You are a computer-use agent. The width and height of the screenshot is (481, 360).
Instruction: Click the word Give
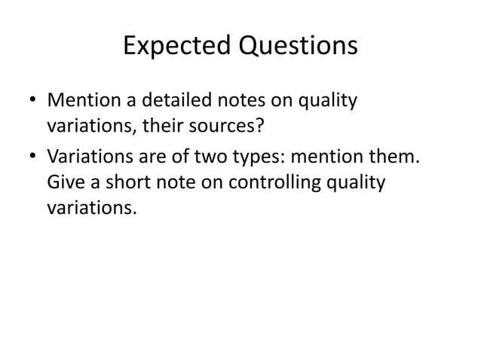[x=65, y=183]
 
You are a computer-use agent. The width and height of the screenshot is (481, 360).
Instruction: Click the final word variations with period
[x=91, y=209]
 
